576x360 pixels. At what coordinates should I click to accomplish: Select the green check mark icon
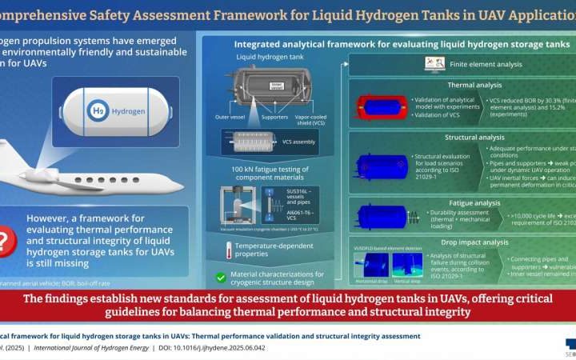[220, 278]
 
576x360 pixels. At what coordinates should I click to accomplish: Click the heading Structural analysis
[468, 138]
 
